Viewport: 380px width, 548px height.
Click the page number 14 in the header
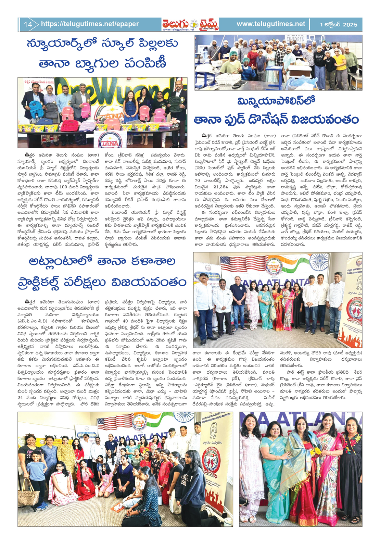coord(28,24)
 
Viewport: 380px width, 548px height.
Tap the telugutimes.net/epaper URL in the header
coord(90,24)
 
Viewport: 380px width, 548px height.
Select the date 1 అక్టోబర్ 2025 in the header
coord(338,25)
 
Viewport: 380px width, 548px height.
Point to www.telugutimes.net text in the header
coord(271,24)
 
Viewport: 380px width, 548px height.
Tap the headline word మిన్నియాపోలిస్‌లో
coord(276,101)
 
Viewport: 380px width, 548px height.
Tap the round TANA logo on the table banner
coord(110,141)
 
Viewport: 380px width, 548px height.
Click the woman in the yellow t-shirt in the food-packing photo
coord(340,65)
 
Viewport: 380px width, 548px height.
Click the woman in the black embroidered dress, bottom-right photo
coord(352,469)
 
